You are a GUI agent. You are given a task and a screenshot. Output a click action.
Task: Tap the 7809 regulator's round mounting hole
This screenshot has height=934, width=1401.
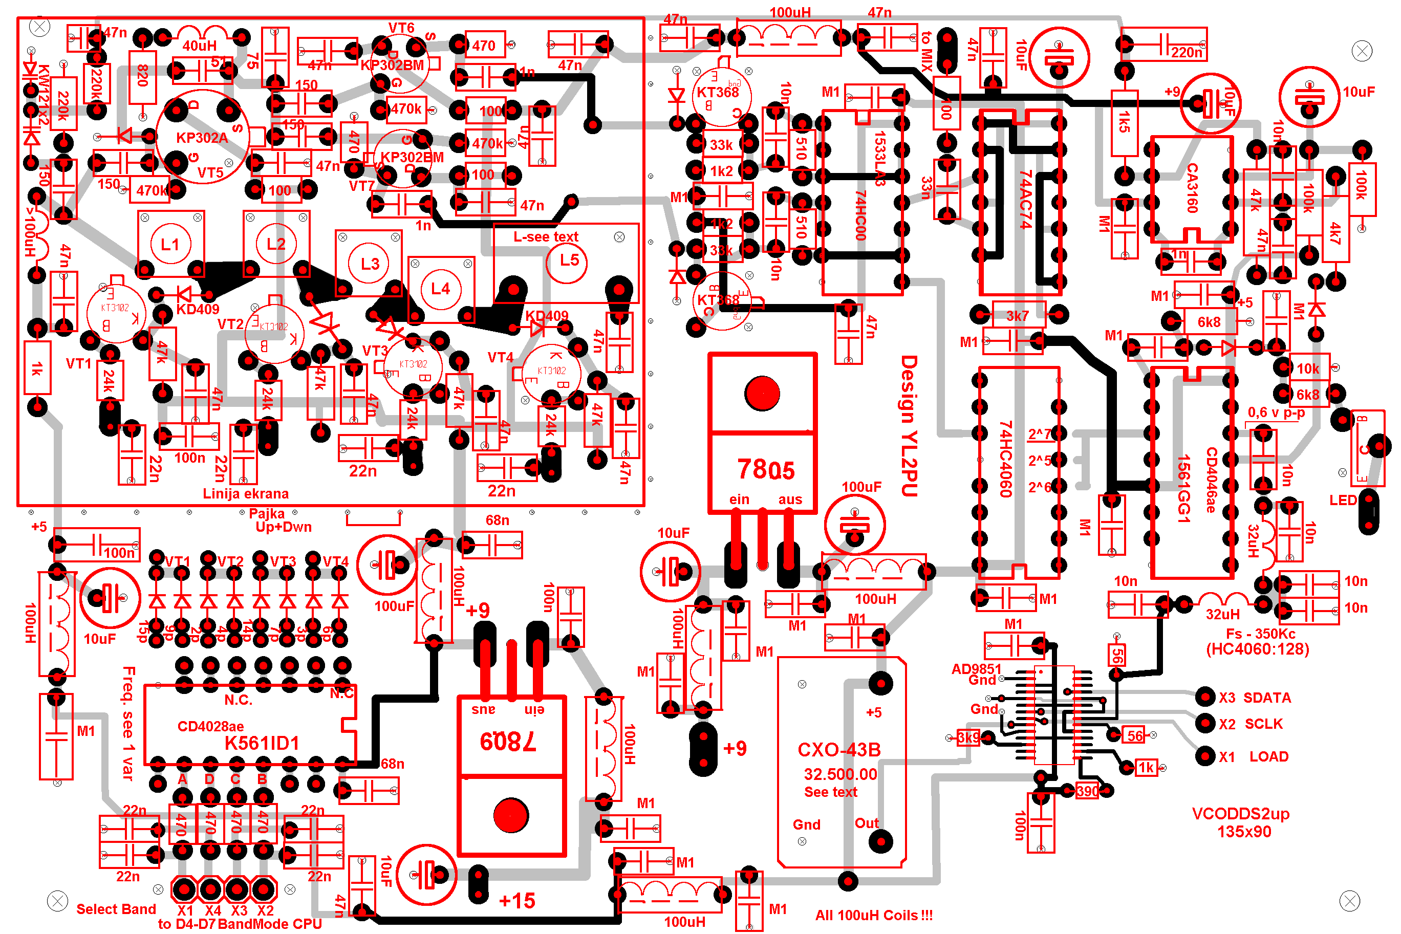tap(510, 815)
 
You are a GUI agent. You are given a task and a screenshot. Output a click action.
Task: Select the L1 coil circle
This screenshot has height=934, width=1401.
tap(170, 244)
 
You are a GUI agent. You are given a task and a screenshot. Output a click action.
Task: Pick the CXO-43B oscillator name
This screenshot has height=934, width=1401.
tap(838, 749)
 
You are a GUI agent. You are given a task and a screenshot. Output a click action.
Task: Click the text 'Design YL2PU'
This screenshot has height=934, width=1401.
tap(909, 426)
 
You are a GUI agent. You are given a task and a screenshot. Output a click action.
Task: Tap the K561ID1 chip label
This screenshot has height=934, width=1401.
tap(262, 744)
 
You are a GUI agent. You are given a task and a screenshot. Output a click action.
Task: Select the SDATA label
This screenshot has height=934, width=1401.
tap(1267, 698)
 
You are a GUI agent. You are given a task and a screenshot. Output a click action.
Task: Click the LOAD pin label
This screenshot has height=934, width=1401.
tap(1269, 756)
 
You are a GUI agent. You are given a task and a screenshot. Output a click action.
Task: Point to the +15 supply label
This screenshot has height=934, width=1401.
tap(516, 900)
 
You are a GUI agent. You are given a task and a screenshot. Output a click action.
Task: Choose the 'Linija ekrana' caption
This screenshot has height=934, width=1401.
tap(245, 494)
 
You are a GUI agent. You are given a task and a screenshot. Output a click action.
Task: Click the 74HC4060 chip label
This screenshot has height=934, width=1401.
tap(1005, 459)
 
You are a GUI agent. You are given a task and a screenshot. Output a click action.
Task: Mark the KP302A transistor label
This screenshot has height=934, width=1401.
tap(202, 138)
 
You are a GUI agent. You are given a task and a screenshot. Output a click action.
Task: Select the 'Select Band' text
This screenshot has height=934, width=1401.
tap(116, 909)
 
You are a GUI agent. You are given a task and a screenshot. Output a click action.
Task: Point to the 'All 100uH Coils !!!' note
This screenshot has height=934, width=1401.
tap(874, 916)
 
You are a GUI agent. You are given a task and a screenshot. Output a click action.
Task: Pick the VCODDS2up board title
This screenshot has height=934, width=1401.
tap(1241, 814)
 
